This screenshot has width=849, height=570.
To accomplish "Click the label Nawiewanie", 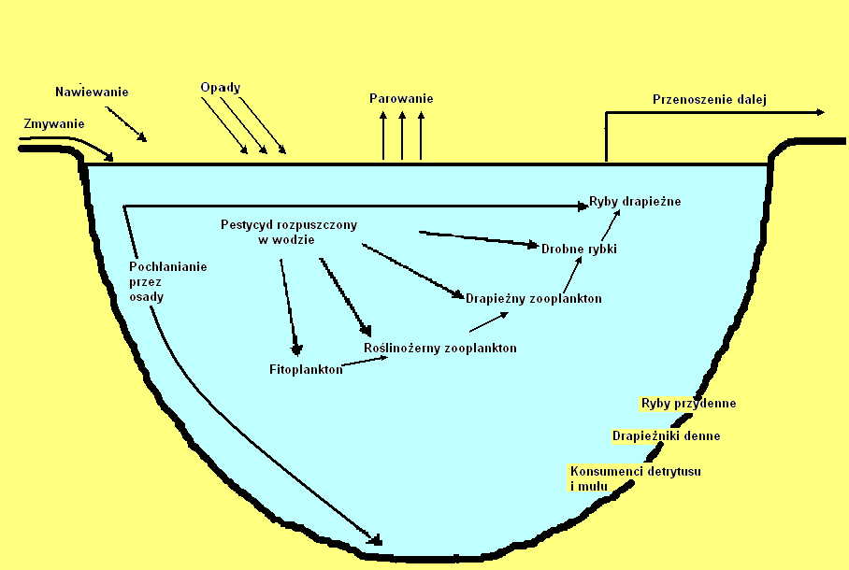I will click(x=92, y=92).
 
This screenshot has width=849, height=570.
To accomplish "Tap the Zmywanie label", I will click(x=54, y=123).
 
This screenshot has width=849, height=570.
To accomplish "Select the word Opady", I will click(x=221, y=88).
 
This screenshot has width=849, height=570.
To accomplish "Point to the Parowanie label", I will click(x=401, y=99).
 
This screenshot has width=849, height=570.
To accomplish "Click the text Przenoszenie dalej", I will click(x=709, y=100).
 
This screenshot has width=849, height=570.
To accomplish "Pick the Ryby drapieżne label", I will click(x=635, y=202).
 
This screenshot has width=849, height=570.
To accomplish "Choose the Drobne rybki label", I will click(x=579, y=248).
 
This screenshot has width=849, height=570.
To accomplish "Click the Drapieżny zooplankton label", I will click(x=533, y=298).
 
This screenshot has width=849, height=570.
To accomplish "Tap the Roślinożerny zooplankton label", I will click(x=439, y=348).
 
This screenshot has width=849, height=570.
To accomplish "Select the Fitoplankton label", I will click(x=306, y=369).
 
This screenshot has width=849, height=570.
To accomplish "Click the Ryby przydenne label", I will click(x=688, y=404).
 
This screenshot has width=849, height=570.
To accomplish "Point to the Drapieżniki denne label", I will click(x=666, y=435).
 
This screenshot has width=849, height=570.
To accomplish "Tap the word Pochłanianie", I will click(x=167, y=266).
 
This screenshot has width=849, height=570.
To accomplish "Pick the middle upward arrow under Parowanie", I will click(x=402, y=136).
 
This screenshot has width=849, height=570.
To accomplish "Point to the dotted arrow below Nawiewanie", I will click(x=127, y=125).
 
